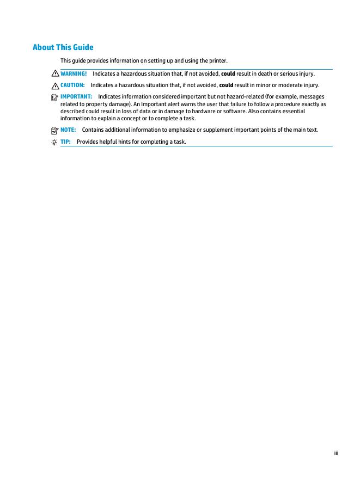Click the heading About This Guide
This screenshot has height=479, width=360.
click(x=63, y=47)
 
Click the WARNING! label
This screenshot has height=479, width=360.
click(x=74, y=73)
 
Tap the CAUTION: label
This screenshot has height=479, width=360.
click(x=72, y=85)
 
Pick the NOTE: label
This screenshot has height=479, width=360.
click(x=68, y=130)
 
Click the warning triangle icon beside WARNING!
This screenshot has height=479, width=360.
click(x=55, y=73)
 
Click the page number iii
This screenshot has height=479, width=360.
click(x=336, y=452)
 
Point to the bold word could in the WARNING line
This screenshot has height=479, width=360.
click(x=228, y=73)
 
